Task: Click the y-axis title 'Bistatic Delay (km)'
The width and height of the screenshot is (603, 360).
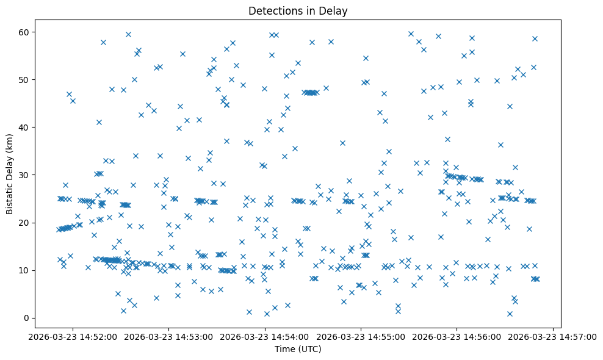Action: (x=10, y=175)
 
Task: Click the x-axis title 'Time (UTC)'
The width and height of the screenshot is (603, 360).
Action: (x=298, y=349)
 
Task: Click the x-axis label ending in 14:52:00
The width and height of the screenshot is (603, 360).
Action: (x=74, y=336)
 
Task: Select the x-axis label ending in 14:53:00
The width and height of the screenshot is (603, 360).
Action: (x=170, y=336)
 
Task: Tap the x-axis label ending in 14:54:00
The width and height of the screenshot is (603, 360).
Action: (x=265, y=336)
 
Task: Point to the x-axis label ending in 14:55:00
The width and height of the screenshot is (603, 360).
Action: (x=361, y=336)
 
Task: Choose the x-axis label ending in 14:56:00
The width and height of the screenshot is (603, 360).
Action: (x=457, y=336)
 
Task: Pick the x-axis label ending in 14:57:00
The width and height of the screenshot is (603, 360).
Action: (x=553, y=336)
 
